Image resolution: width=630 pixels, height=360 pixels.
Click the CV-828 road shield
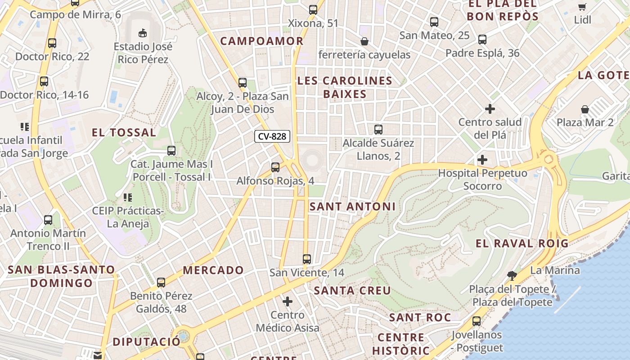point(272,136)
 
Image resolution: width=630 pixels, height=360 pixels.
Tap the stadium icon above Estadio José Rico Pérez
point(142,32)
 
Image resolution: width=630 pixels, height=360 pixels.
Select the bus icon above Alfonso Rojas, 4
point(275,167)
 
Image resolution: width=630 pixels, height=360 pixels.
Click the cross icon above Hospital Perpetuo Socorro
point(482,160)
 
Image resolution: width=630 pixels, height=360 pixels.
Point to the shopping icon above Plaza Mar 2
point(585,109)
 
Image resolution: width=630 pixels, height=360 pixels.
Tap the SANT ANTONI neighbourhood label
point(353,207)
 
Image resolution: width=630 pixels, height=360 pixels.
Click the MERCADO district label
point(213,270)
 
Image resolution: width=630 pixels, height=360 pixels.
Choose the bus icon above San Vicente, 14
point(307,259)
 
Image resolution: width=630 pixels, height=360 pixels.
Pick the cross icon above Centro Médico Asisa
point(288,301)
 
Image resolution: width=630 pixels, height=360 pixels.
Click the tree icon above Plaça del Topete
point(511,275)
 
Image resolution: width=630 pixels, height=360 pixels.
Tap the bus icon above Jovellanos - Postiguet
point(477,321)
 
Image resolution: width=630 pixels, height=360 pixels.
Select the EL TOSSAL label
point(124,133)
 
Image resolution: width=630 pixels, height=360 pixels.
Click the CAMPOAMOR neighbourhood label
point(262,41)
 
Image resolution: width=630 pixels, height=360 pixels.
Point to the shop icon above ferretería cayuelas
point(364,41)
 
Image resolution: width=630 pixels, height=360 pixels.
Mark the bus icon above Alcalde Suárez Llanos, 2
point(378,130)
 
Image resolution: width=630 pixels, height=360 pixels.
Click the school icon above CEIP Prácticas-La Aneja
point(127,197)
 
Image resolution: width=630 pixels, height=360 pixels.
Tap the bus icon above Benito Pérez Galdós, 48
point(161,283)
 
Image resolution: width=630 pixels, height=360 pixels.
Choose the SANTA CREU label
point(352,291)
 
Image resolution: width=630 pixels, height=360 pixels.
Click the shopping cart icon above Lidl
point(582,6)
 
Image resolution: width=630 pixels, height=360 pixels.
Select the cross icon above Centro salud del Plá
point(490,109)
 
